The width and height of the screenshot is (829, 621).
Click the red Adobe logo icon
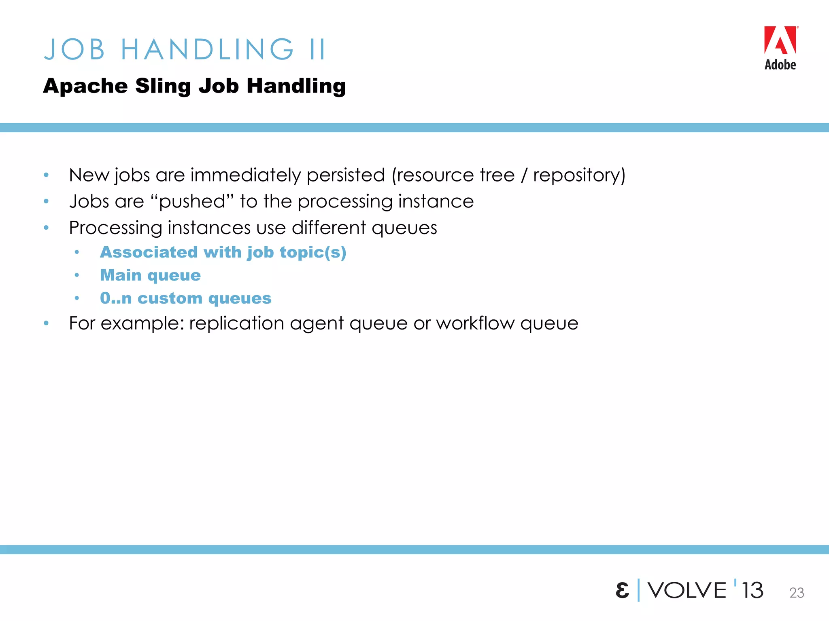click(x=780, y=40)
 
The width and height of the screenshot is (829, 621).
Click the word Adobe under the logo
click(x=780, y=65)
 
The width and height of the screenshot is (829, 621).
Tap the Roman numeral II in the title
click(x=317, y=50)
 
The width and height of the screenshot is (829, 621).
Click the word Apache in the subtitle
click(x=85, y=86)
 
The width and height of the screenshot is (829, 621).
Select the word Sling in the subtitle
click(x=163, y=86)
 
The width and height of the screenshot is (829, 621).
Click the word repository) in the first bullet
click(x=579, y=175)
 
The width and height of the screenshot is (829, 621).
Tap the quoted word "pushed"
click(x=192, y=201)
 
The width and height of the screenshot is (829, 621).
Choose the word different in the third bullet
click(x=329, y=228)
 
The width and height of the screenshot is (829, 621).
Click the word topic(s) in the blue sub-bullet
click(x=313, y=252)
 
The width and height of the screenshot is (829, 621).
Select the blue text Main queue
click(x=150, y=275)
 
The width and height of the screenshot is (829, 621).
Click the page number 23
click(x=796, y=593)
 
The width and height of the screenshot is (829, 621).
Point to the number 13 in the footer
click(x=752, y=590)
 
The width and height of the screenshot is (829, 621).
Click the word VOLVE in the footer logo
click(x=687, y=590)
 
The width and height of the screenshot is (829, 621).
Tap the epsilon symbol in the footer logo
click(x=622, y=591)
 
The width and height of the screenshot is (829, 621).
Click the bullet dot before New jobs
click(x=46, y=175)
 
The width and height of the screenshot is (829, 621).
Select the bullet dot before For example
click(x=46, y=323)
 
